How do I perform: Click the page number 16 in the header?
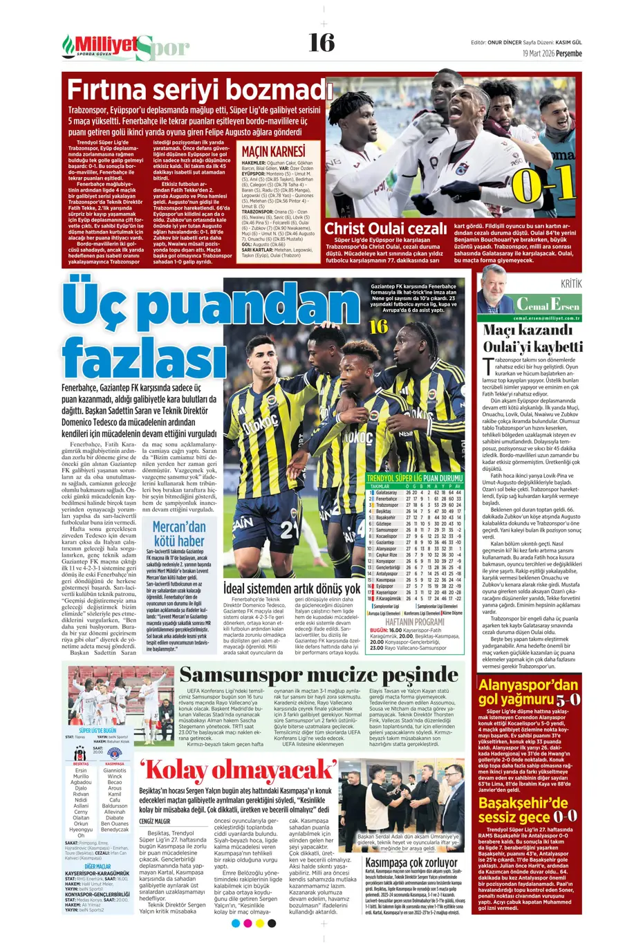pos(321,43)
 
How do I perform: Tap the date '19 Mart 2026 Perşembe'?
pos(552,53)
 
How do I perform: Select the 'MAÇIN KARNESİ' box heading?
pos(273,151)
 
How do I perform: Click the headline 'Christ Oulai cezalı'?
pos(386,229)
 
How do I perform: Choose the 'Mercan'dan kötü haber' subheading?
pos(179,533)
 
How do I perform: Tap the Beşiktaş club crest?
pos(81,754)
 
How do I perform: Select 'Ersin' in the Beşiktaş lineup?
pos(81,770)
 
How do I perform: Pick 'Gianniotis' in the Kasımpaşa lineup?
pos(115,770)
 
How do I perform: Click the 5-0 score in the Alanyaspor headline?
pos(568,700)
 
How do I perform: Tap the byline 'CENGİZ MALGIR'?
pos(154,821)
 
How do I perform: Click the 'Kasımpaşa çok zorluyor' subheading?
pos(411,862)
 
